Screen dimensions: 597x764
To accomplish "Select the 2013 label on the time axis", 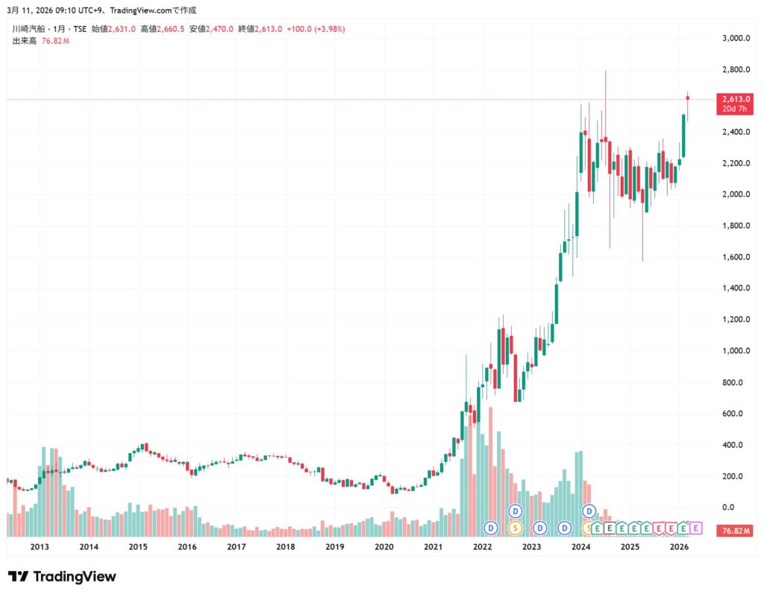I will (40, 546).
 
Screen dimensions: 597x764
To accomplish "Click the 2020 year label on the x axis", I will (383, 546).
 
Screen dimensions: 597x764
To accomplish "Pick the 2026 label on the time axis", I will (679, 546).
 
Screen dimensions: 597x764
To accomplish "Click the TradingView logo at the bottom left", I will (61, 576).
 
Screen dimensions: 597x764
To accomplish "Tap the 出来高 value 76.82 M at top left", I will (56, 40).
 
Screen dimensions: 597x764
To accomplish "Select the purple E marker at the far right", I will (695, 528).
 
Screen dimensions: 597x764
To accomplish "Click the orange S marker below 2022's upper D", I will (515, 528).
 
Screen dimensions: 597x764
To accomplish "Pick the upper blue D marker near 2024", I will (589, 511).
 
